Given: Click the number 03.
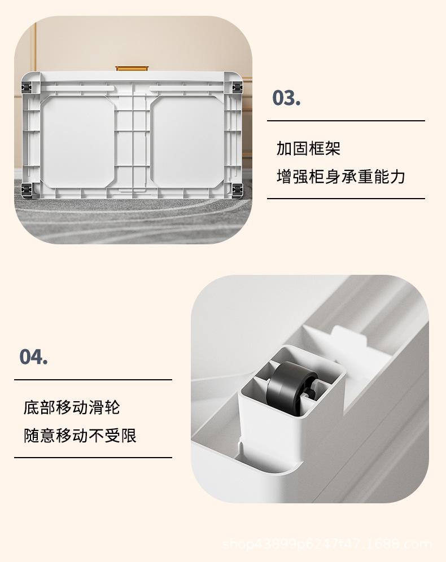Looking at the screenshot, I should tap(286, 98).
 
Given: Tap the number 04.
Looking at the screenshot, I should tap(33, 357).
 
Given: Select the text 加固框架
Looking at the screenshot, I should tap(308, 149).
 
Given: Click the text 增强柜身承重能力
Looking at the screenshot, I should tap(341, 176).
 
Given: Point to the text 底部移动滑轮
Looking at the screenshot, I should tap(72, 407).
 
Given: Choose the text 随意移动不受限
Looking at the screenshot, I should tap(80, 435).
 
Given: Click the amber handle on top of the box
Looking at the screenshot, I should tap(133, 68).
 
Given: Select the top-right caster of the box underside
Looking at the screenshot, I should tap(235, 87).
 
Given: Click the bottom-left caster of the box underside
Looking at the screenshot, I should tap(27, 188).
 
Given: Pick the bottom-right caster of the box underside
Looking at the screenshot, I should tap(235, 188).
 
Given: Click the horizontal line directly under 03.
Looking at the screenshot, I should tap(346, 121).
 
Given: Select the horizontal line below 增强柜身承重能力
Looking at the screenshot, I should tap(346, 199).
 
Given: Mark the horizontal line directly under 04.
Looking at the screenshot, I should tap(93, 380).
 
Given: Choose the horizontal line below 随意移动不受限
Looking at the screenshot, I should tap(93, 458).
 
